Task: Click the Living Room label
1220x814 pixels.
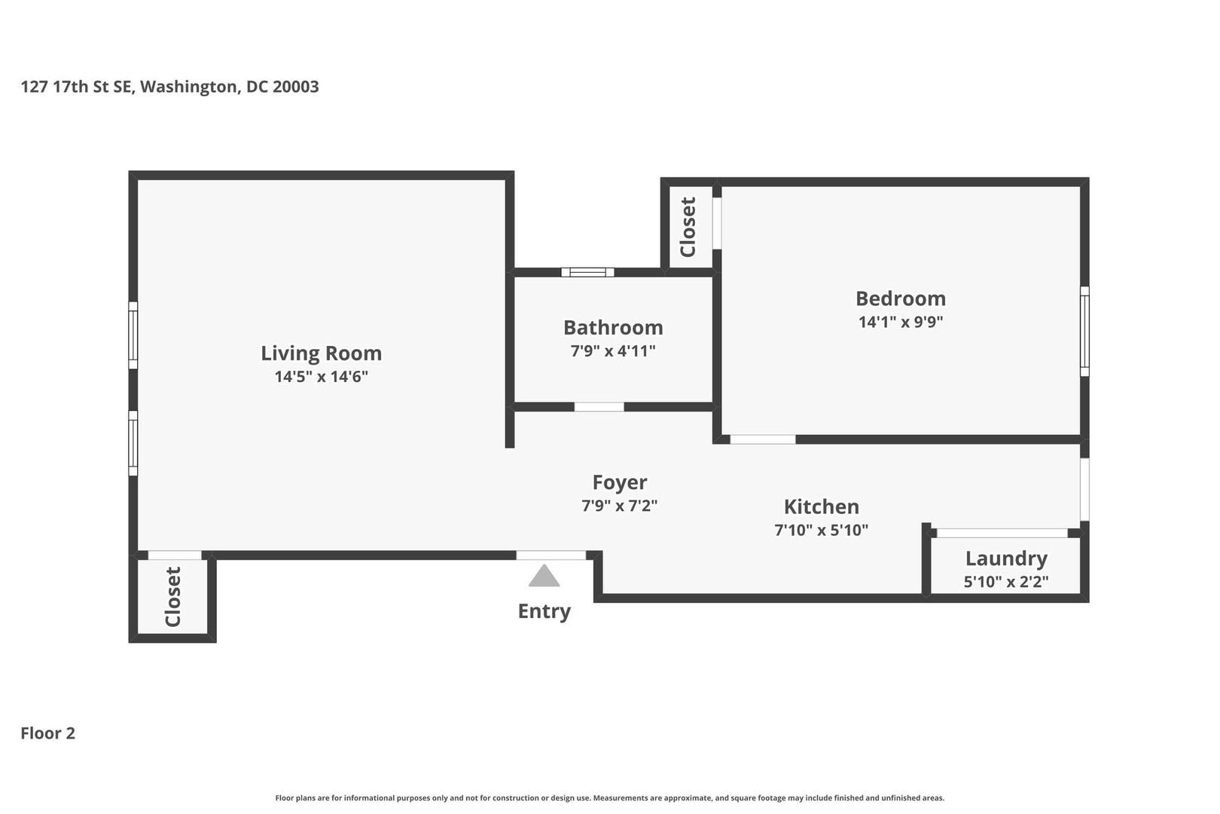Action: [322, 353]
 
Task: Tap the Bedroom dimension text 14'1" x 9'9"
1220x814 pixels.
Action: [901, 322]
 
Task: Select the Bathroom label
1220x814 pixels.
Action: [613, 328]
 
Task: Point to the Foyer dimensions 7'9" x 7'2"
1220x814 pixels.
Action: [620, 506]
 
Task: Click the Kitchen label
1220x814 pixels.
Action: [822, 507]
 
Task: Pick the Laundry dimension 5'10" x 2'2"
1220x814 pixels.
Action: [1006, 582]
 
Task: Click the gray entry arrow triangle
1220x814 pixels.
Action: [544, 577]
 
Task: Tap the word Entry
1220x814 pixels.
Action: [544, 611]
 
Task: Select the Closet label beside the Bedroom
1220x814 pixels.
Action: [688, 227]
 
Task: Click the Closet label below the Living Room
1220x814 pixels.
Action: [172, 597]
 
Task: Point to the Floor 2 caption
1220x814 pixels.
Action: [48, 733]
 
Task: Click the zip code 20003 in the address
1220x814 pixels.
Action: [296, 87]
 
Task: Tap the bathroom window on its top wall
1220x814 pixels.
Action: [587, 272]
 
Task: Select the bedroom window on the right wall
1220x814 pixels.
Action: [1085, 331]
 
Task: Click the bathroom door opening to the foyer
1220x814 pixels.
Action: [599, 407]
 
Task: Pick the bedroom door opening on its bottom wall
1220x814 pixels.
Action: [762, 439]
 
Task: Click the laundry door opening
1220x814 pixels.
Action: [1002, 533]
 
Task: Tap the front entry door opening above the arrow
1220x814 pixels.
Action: [551, 555]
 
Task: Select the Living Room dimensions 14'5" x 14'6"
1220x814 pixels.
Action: [322, 377]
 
